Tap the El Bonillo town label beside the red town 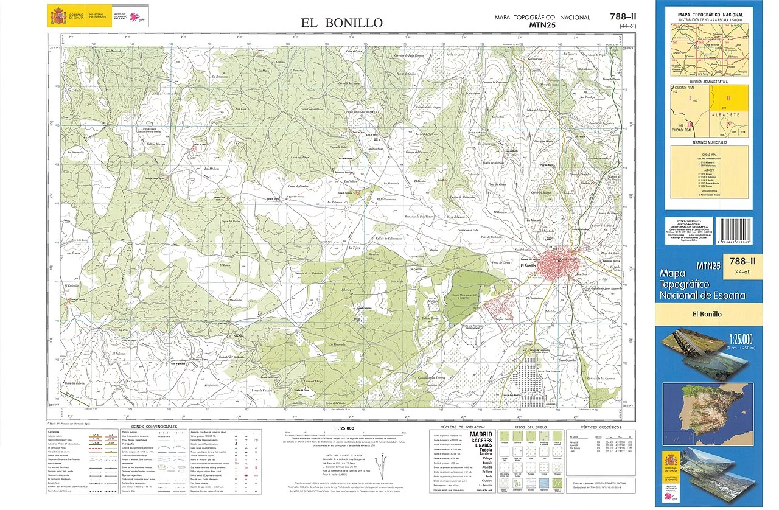point(528,265)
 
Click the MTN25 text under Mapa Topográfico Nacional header point(542,25)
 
